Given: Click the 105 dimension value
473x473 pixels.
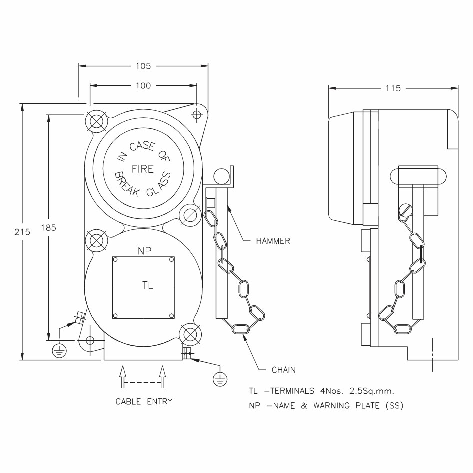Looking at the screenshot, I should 143,66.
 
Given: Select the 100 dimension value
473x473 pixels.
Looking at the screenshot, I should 143,86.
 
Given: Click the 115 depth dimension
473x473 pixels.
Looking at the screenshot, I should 393,88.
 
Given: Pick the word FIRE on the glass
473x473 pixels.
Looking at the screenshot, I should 142,169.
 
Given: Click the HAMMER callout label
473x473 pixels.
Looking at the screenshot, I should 273,241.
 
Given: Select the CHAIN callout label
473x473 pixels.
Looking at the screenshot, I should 283,370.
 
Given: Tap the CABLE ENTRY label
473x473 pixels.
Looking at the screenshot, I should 144,401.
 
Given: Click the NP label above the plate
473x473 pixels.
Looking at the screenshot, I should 145,250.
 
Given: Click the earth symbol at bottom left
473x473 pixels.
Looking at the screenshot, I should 59,351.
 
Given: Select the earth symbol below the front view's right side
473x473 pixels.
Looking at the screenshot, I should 219,379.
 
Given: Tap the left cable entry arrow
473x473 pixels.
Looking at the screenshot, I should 122,376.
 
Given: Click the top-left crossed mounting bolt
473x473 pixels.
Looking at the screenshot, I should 95,120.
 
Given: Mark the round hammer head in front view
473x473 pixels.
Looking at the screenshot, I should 220,176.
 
